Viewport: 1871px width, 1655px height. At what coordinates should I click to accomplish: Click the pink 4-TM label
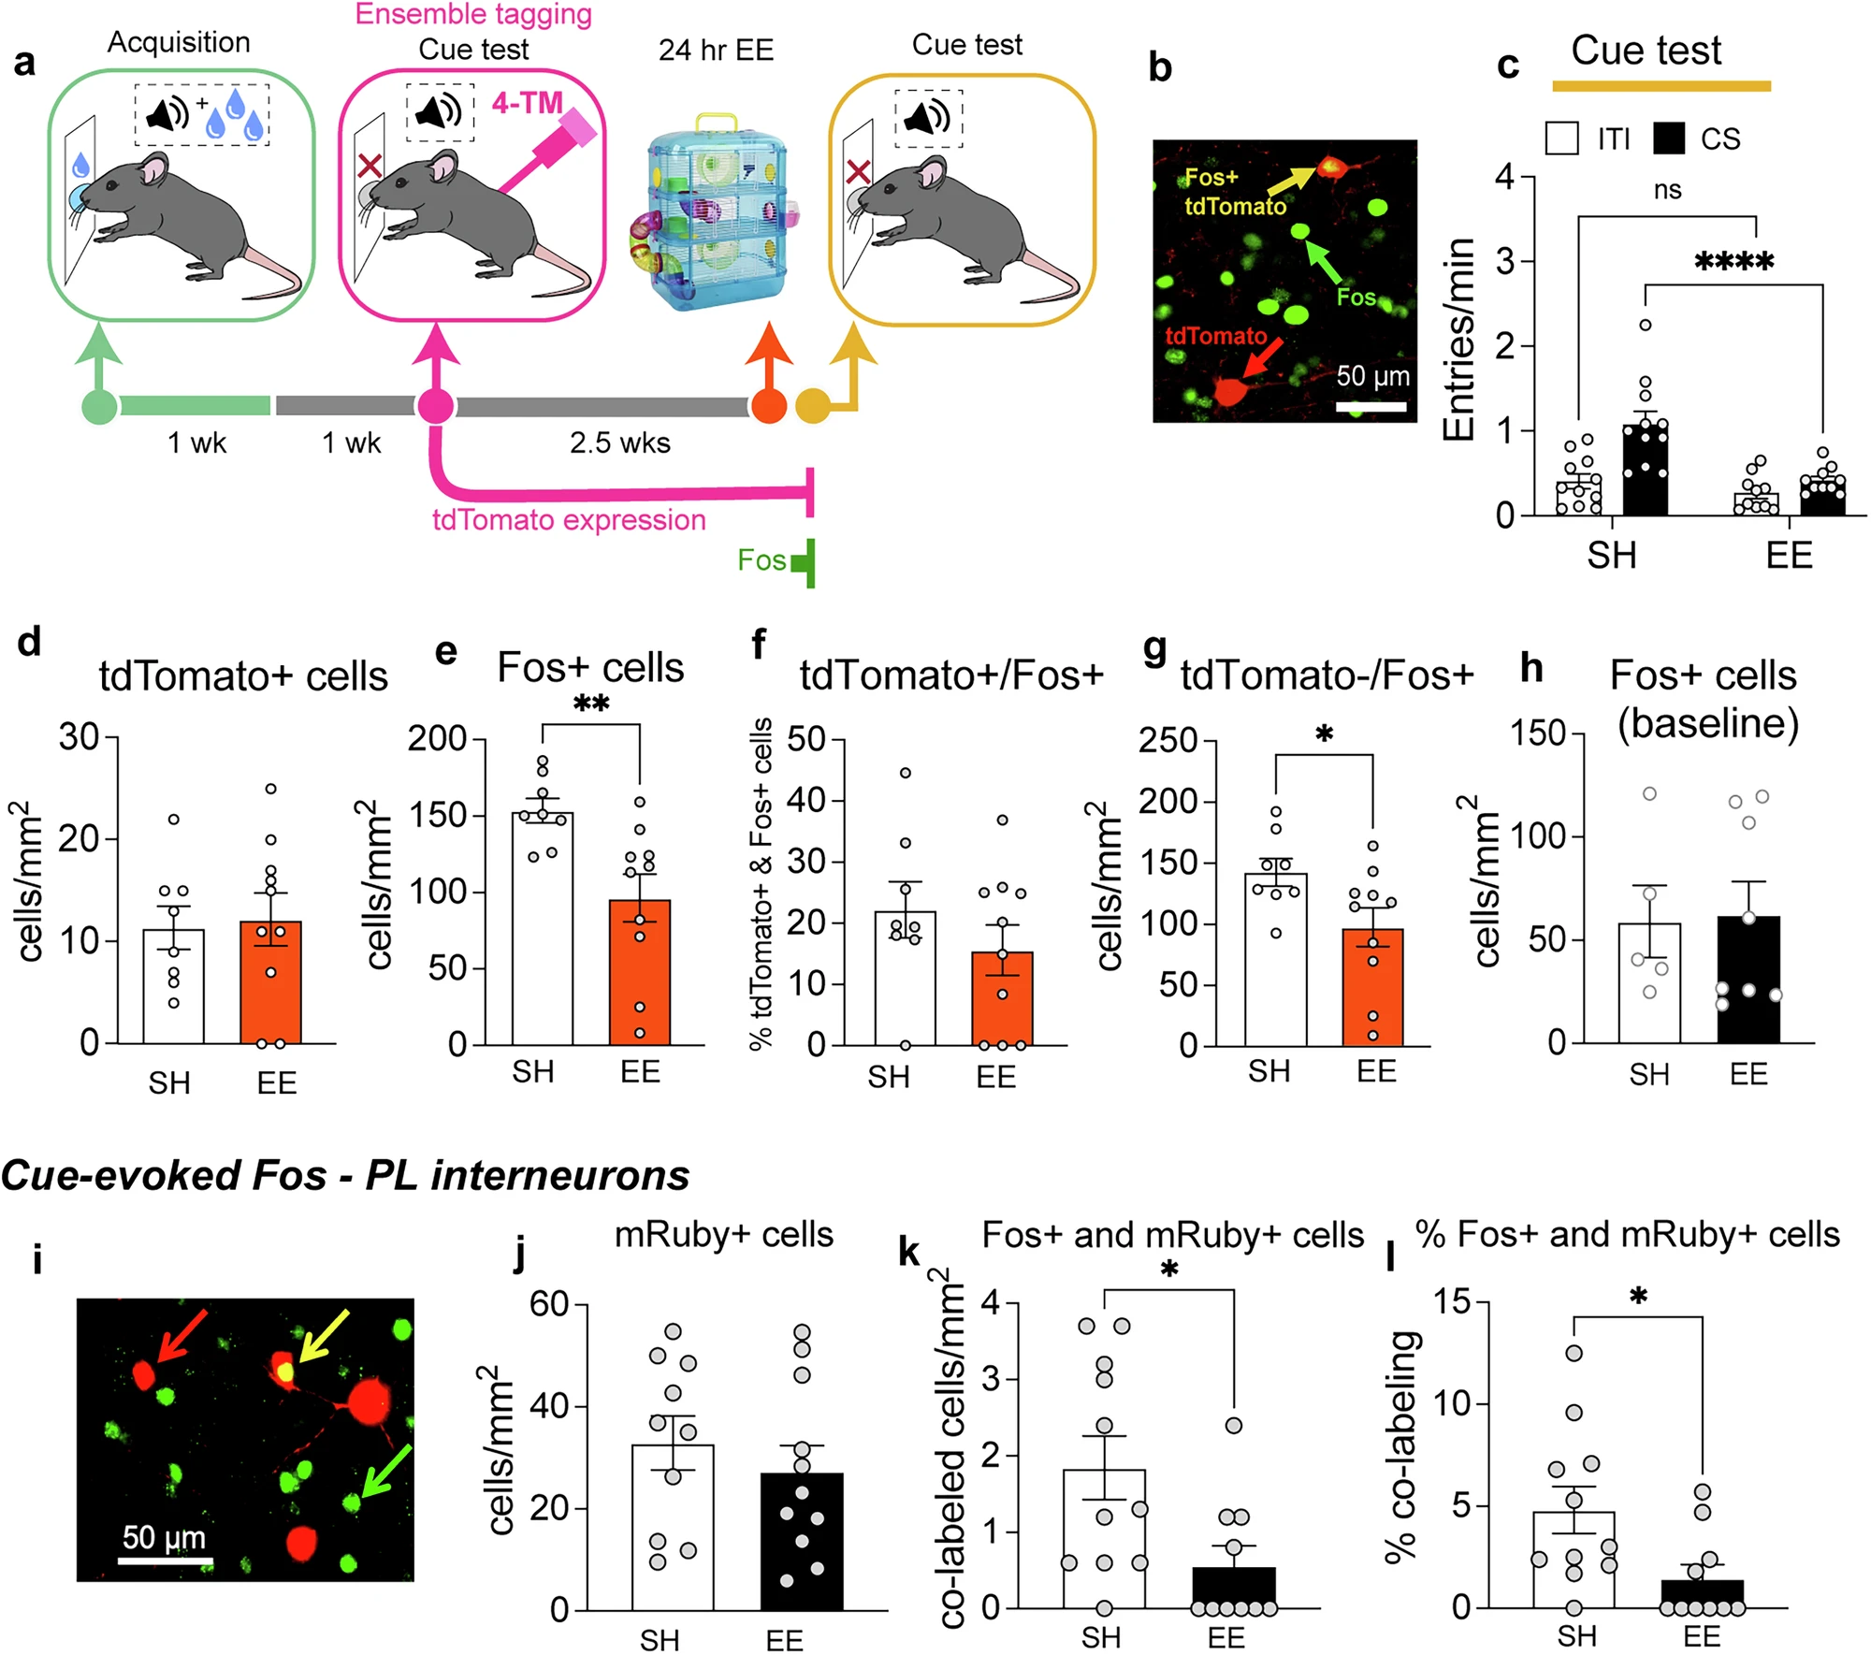(x=527, y=103)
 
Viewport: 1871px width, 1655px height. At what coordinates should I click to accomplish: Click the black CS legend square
(x=1669, y=138)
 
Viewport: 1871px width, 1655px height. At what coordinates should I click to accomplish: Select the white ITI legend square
(x=1562, y=138)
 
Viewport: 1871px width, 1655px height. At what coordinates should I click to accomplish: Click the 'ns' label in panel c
(x=1667, y=190)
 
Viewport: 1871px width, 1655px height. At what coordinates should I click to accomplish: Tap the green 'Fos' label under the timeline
(x=761, y=559)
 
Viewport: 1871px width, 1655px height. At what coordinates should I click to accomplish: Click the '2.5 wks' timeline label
(x=619, y=443)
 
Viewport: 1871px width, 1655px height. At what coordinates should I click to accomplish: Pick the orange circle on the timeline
(x=768, y=407)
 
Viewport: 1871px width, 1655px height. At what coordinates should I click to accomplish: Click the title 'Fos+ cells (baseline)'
(x=1704, y=698)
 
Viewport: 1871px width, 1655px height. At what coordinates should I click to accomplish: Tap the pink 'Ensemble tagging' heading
(x=473, y=14)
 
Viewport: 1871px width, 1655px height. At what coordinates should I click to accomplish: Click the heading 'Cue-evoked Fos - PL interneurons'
(x=345, y=1175)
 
